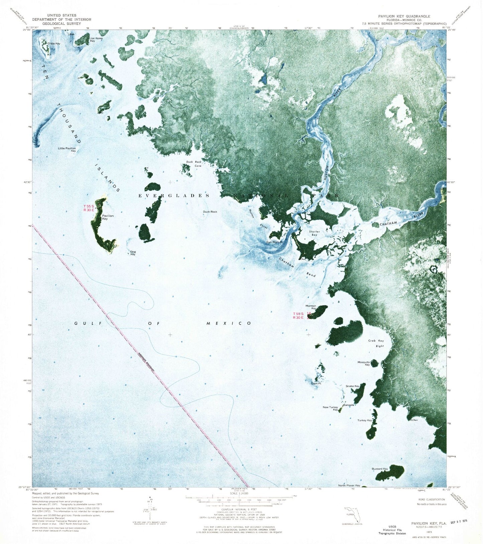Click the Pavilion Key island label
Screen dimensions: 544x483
108,217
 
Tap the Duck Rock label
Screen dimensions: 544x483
210,212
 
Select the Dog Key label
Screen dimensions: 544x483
133,253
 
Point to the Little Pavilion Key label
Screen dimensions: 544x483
67,149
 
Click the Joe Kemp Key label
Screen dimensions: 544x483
96,39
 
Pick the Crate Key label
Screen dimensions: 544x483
53,43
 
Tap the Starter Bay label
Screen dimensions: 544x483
315,233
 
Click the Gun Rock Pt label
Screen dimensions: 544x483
274,242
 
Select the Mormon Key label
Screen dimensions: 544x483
311,307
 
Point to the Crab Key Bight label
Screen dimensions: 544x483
376,343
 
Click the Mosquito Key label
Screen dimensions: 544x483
364,363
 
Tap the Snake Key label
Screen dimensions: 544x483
352,386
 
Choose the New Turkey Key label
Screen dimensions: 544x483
331,408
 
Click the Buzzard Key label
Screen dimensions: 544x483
380,469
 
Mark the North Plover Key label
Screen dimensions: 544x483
349,485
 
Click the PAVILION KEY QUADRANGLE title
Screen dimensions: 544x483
404,16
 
